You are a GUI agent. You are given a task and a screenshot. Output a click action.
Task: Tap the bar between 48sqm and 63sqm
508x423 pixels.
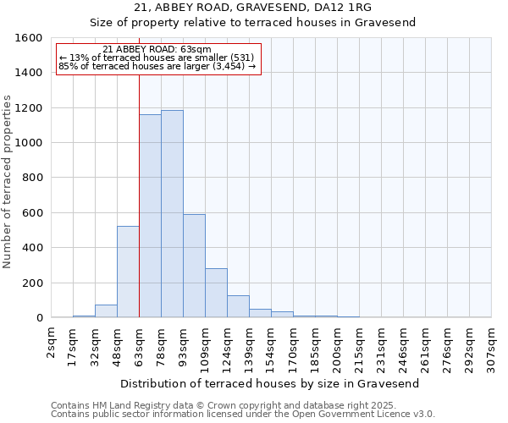pos(128,272)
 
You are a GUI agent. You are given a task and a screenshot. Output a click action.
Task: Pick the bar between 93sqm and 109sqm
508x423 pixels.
pos(194,266)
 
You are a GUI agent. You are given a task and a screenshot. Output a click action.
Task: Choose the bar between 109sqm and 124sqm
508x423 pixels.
pos(216,293)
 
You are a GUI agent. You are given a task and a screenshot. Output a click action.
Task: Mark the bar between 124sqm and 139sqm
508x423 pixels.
pos(238,306)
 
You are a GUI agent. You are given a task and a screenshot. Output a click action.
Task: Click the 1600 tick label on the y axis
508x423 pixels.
pos(28,38)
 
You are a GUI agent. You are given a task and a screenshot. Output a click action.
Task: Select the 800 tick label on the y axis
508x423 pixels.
pos(31,178)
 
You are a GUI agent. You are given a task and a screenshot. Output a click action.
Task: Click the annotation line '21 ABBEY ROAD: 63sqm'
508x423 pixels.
pos(157,50)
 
